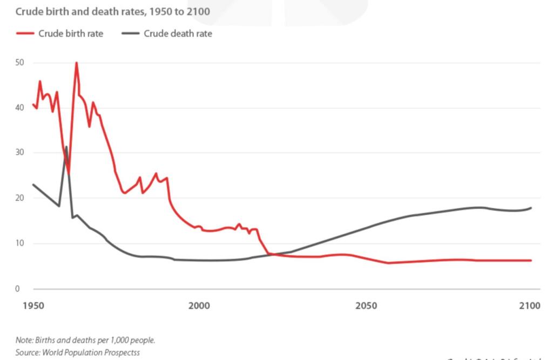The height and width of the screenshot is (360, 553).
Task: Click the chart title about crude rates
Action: (113, 11)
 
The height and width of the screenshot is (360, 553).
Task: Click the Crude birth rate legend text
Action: (71, 33)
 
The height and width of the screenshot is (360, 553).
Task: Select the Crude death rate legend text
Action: (178, 33)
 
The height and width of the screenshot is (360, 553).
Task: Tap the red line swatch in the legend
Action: (25, 33)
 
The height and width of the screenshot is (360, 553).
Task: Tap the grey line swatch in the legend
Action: (130, 33)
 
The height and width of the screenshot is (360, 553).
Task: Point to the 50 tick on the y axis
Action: (20, 63)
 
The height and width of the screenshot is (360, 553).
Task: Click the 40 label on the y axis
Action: (20, 108)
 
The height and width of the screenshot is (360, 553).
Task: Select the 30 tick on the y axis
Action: (20, 153)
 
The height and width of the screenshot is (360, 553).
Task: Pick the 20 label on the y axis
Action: (20, 198)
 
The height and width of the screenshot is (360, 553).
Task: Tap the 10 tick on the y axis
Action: (20, 243)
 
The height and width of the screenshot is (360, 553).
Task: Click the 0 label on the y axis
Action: (18, 289)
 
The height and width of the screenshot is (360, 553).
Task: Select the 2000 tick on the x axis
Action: (199, 306)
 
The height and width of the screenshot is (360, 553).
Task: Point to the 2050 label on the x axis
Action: (366, 306)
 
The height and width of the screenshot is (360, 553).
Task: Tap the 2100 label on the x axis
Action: (530, 306)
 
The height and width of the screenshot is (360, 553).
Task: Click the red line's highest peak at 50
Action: (76, 63)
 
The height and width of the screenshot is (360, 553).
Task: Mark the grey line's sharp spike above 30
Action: (66, 147)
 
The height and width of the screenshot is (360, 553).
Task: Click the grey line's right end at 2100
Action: (531, 208)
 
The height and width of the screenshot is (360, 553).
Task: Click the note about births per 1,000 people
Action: (85, 341)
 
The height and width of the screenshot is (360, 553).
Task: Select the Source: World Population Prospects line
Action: (78, 352)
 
